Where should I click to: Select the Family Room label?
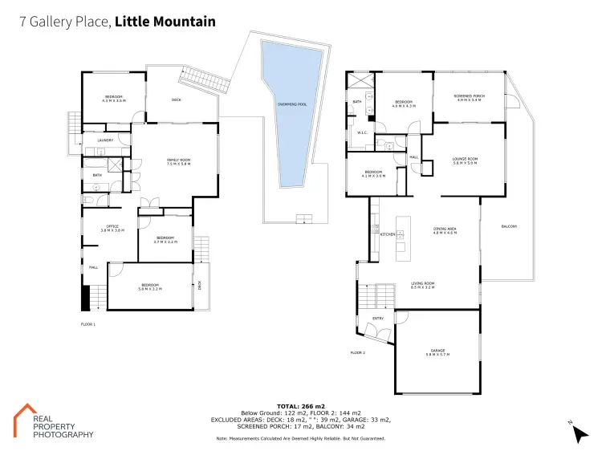(178, 160)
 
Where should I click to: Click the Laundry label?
(104, 140)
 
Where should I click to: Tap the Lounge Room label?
(465, 159)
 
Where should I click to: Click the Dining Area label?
(445, 230)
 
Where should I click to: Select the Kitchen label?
(388, 234)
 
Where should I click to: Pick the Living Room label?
(422, 282)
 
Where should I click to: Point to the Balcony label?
(509, 226)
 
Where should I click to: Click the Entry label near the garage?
(378, 318)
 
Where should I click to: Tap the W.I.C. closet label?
(362, 133)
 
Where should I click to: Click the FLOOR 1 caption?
(88, 324)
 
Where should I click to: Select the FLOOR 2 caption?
(357, 352)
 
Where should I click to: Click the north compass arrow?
(578, 432)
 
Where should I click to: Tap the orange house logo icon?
(27, 416)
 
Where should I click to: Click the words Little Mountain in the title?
(165, 22)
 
